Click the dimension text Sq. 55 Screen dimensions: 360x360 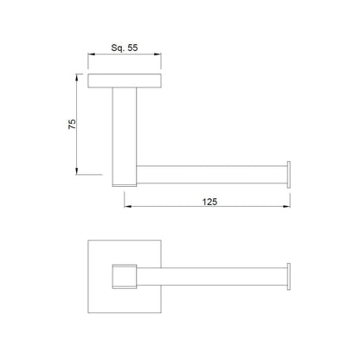[125, 48]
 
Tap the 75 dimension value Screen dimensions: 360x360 [72, 124]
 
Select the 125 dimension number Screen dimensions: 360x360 [209, 202]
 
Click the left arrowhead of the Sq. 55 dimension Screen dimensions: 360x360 [92, 54]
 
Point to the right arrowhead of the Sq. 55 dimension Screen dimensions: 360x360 [157, 54]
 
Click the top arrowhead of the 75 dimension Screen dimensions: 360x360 [76, 78]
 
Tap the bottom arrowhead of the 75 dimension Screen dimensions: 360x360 [76, 170]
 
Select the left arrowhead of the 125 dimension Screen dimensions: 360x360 [128, 206]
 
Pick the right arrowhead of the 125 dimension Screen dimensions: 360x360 [286, 206]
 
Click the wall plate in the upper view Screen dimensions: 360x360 [125, 80]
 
